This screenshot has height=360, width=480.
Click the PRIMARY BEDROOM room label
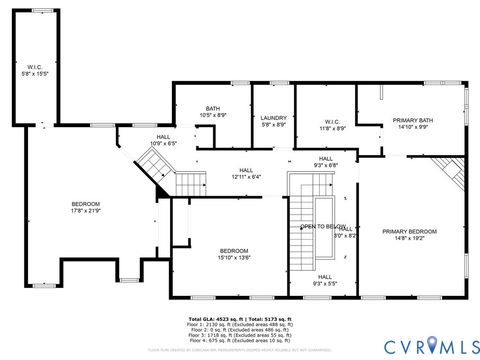(x=410, y=231)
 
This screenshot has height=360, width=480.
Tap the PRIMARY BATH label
(x=410, y=119)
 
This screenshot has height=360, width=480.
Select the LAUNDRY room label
(x=273, y=119)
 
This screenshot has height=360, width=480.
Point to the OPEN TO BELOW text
(x=322, y=227)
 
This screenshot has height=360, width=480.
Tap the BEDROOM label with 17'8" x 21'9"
(x=85, y=204)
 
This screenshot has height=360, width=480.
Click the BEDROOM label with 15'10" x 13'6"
(x=234, y=250)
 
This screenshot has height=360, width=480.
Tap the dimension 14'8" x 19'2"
(x=410, y=238)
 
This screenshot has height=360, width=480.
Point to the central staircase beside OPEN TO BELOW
(x=301, y=230)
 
